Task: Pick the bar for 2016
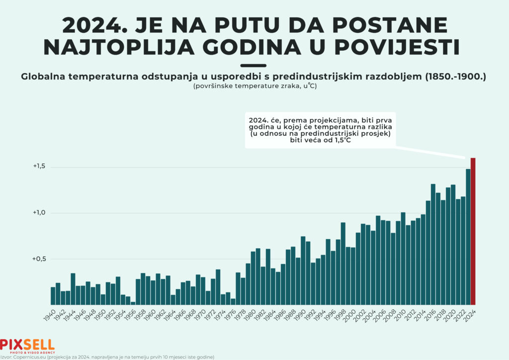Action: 433,244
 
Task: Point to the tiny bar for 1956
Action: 133,303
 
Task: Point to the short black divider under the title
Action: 254,65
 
